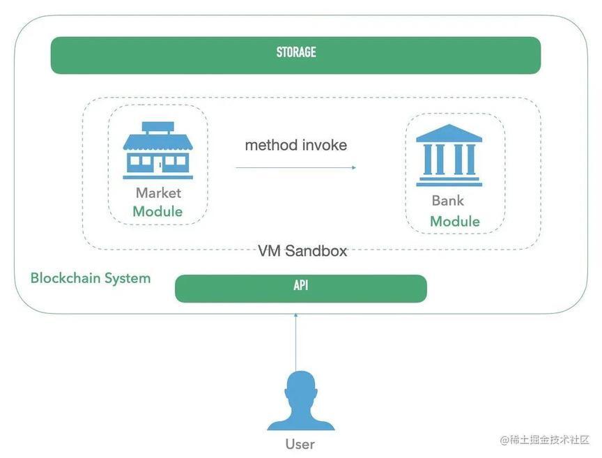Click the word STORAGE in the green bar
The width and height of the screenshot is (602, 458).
coord(296,52)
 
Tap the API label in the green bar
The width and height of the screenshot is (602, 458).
coord(301,286)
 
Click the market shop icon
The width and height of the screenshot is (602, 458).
coord(157,151)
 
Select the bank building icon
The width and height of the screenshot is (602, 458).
coord(449,155)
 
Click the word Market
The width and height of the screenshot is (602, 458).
coord(158,193)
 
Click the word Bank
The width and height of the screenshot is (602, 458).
coord(447,201)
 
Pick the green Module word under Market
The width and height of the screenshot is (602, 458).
coord(157,212)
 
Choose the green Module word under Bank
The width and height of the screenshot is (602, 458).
coord(455,221)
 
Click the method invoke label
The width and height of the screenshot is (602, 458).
coord(296,145)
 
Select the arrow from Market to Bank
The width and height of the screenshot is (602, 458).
coord(296,167)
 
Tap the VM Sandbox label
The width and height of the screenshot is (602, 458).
coord(302,251)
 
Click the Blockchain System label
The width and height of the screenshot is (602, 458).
coord(91,278)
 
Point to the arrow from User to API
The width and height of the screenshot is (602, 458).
coord(295,342)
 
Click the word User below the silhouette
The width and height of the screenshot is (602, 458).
coord(300,444)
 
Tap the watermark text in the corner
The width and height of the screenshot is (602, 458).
coord(544,440)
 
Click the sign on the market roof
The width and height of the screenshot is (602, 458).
coord(157,127)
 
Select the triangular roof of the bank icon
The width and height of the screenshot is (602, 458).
coord(449,133)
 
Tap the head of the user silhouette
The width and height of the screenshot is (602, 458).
coord(301,386)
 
